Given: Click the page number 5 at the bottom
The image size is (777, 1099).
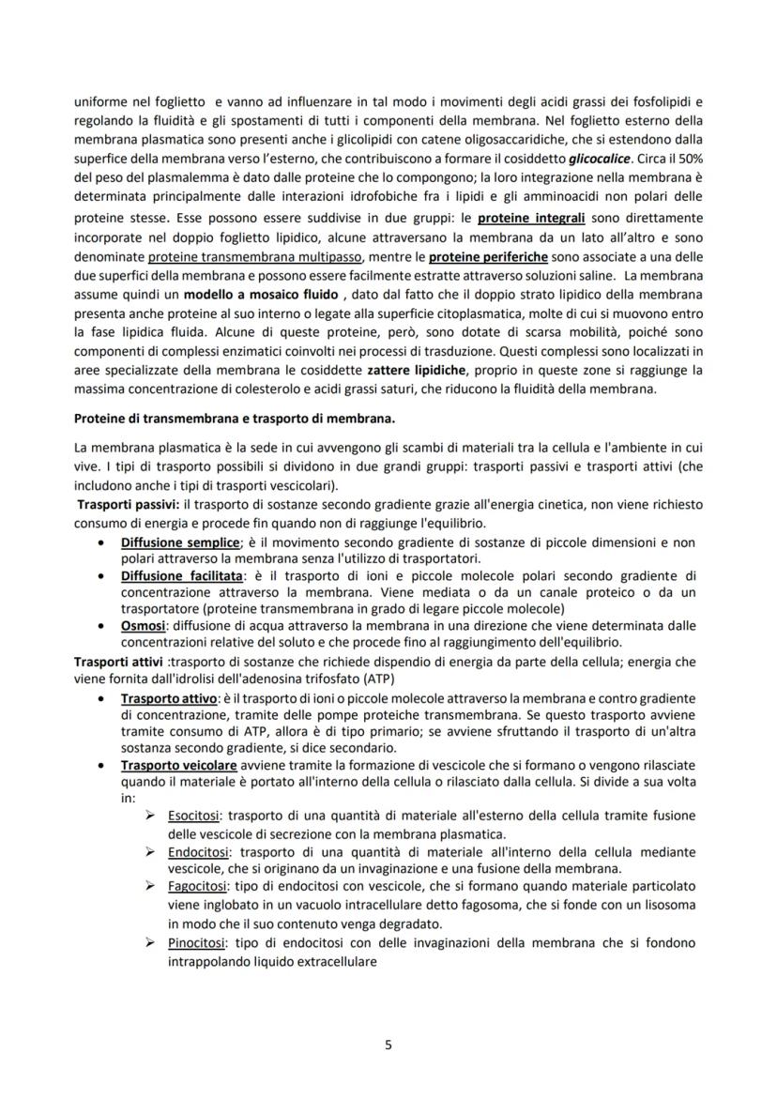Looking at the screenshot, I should pos(388,1044).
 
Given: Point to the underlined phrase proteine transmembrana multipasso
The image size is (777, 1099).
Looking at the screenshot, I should pos(245,257).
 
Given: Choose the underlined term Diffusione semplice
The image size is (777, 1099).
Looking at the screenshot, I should pos(179,542).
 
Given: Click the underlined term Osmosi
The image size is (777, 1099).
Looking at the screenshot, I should pos(143,625).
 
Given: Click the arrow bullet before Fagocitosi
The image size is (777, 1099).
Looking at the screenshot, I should pos(150,885).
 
